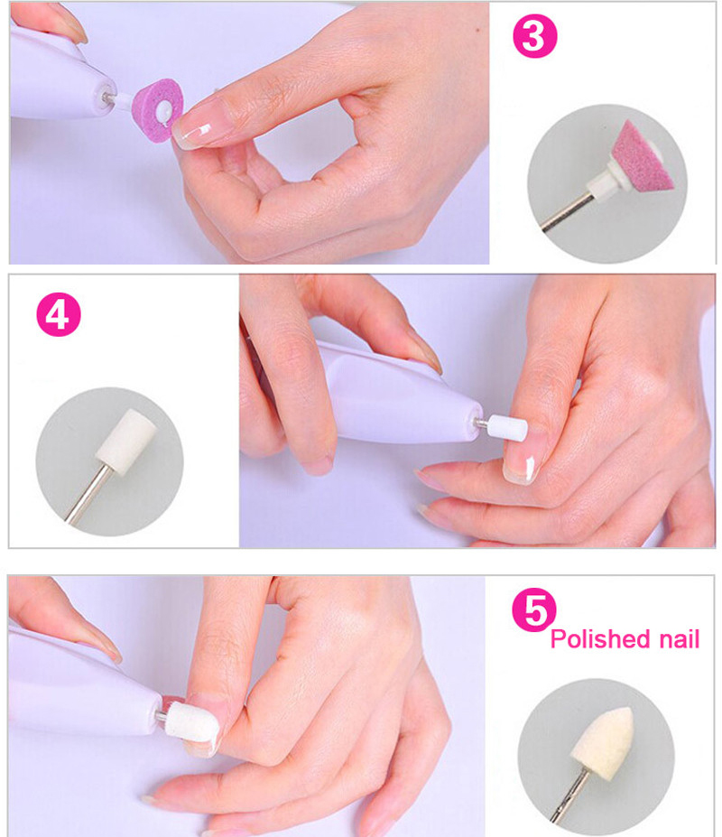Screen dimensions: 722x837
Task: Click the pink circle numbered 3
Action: (x=534, y=36)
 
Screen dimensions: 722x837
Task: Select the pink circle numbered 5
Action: (x=533, y=610)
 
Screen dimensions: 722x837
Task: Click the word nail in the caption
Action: (x=680, y=638)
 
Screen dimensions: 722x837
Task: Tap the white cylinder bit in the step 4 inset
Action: (x=126, y=440)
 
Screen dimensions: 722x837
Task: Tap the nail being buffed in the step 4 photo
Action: (x=519, y=463)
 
